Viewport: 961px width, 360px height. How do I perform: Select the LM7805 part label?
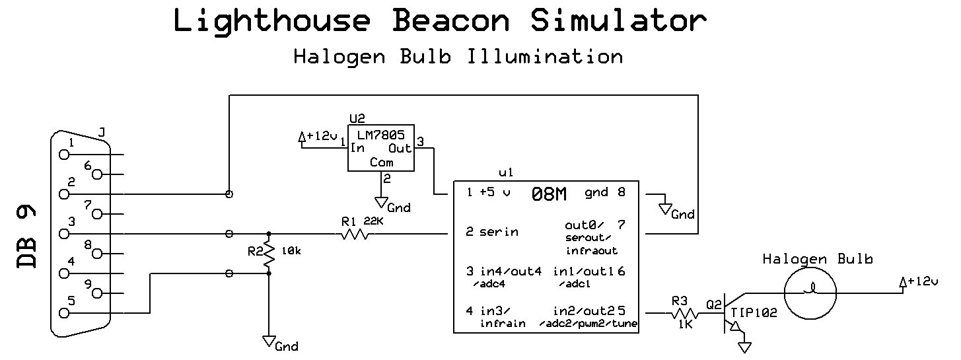click(381, 135)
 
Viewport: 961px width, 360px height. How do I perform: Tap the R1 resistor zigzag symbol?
click(355, 234)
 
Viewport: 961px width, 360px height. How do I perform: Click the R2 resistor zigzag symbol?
click(269, 254)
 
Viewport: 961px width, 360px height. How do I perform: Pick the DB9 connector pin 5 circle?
click(64, 313)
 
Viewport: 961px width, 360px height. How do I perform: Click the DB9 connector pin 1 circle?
click(64, 155)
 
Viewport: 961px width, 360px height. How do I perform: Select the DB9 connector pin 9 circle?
click(98, 293)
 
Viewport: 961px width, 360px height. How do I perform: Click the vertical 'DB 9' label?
click(27, 237)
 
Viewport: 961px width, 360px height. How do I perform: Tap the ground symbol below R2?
click(269, 341)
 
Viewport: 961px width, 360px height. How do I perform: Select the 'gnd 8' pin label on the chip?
click(604, 194)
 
